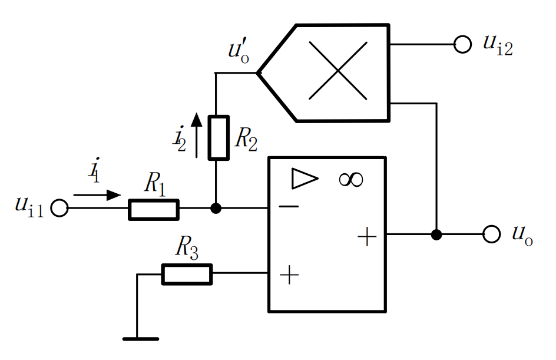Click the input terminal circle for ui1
(x=59, y=208)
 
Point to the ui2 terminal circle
(x=462, y=45)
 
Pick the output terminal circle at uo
(x=491, y=235)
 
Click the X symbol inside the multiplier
(x=338, y=71)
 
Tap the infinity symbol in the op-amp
(x=350, y=180)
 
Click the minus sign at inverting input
(x=289, y=206)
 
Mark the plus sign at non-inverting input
(x=289, y=275)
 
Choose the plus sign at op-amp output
(x=367, y=237)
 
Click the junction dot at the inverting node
(x=216, y=208)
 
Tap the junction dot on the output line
(x=436, y=235)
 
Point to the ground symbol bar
(x=141, y=339)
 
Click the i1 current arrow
(x=97, y=195)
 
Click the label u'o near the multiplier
(x=239, y=52)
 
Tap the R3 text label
(x=187, y=247)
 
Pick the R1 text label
(x=155, y=183)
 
